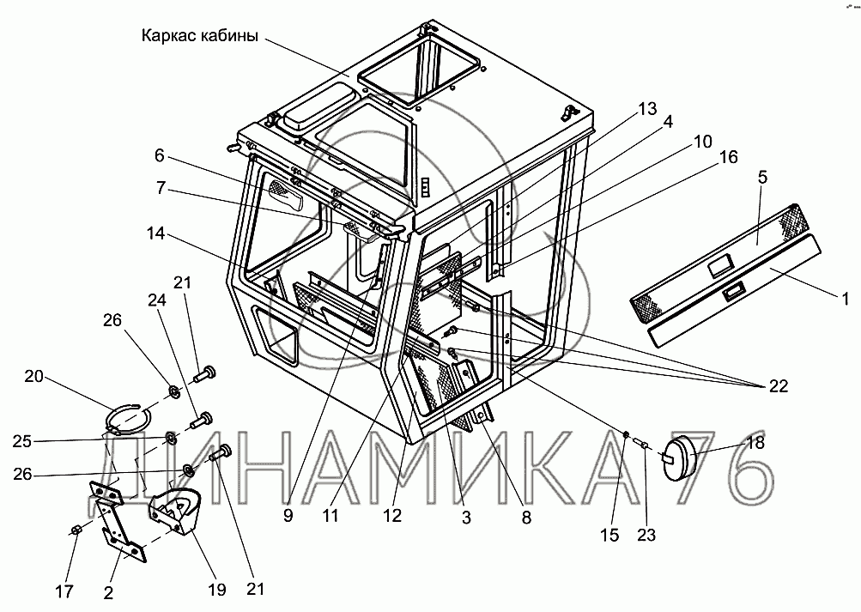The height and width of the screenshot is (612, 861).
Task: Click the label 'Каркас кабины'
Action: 198,37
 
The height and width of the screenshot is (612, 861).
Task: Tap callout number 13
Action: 647,109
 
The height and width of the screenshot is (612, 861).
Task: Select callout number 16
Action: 729,157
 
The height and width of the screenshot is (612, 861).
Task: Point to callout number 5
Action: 763,179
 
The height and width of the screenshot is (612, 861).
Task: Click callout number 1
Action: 845,299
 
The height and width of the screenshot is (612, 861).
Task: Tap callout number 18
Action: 755,444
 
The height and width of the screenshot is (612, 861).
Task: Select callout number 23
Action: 646,536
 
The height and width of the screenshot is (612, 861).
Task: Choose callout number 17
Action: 64,591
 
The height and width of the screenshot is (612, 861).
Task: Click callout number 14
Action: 157,234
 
